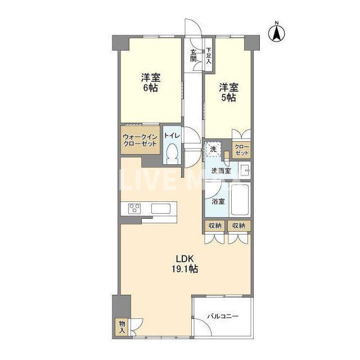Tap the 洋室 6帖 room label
coord(151,83)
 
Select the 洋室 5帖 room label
coord(228,92)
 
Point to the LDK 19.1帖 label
coord(185,264)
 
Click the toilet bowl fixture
coord(172,153)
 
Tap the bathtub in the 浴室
coord(240,200)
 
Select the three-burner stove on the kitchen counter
coord(134,209)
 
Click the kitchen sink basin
coord(161,209)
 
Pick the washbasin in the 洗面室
coord(244,170)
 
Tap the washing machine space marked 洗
coord(213,149)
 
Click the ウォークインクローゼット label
coord(140,141)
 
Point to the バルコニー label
coord(223,316)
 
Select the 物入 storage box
coord(122,327)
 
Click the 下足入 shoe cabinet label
coord(209,55)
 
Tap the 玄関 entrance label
coord(193,55)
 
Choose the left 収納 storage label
coord(215,226)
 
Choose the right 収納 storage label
coord(238,226)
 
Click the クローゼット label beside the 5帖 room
coord(242,150)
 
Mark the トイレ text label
coord(172,136)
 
